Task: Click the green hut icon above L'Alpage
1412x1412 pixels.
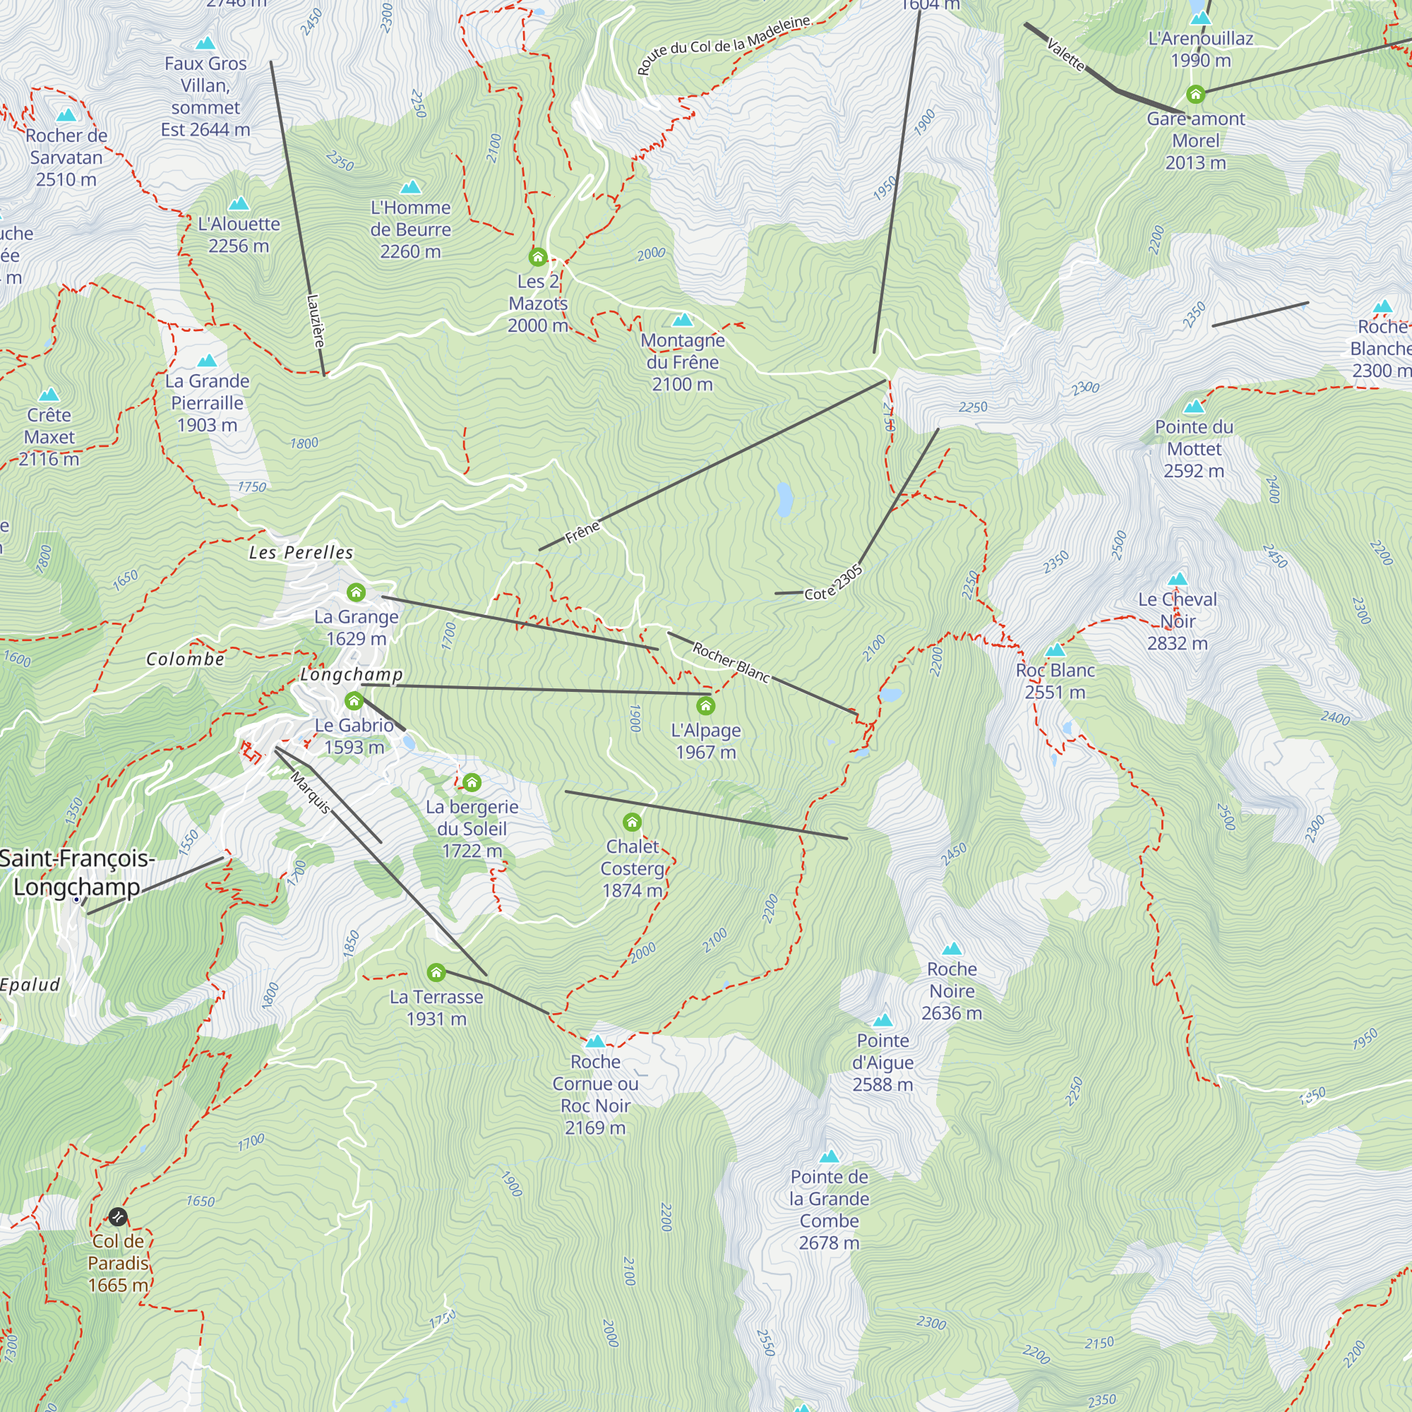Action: tap(705, 705)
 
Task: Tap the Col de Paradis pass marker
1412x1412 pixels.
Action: tap(118, 1217)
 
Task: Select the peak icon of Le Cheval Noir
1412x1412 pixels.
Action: tap(1178, 580)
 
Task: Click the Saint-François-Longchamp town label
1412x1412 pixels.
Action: tap(77, 872)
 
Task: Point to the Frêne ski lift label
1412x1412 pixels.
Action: tap(582, 532)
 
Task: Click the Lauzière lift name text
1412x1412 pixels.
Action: tap(315, 320)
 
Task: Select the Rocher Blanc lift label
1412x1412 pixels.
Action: tap(731, 662)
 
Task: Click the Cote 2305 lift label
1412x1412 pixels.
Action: tap(834, 583)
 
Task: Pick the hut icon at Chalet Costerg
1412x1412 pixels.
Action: tap(632, 822)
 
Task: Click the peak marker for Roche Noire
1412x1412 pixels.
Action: tap(952, 950)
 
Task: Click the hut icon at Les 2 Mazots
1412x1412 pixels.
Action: tap(538, 256)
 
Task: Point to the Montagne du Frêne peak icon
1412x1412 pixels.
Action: tap(683, 320)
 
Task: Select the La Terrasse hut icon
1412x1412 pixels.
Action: tap(436, 972)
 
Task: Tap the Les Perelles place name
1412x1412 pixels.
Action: tap(301, 553)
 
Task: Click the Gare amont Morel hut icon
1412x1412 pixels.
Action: tap(1196, 95)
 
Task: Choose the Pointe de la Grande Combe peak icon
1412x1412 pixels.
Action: tap(829, 1157)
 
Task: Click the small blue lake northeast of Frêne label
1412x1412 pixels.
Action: tap(784, 499)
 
